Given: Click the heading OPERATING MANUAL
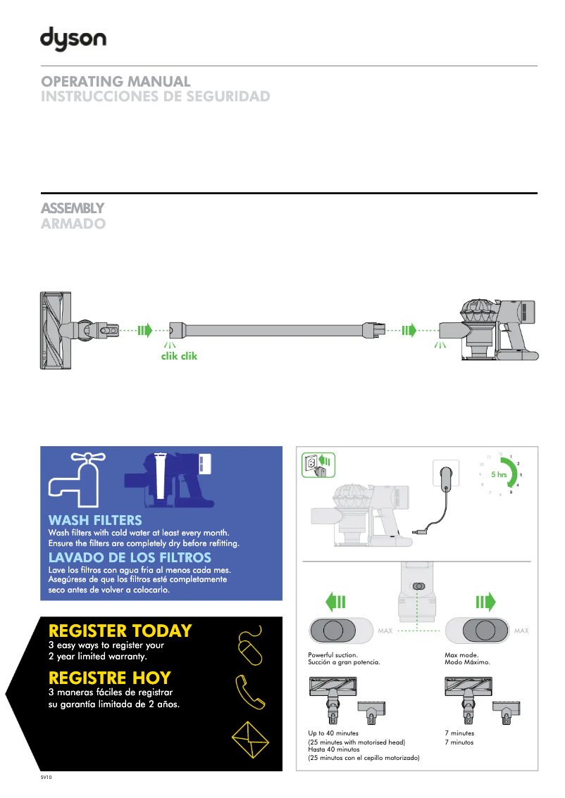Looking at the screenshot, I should point(116,82).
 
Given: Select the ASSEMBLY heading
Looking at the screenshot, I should point(73,208).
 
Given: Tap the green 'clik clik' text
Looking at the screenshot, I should point(180,356).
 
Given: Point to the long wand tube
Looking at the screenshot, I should point(275,329).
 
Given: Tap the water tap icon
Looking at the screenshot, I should point(78,475).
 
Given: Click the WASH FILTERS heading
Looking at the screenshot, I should point(95,521).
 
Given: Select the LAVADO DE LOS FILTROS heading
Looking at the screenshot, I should point(130,557).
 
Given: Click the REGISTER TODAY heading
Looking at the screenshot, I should point(120,630).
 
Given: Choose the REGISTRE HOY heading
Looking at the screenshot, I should point(110,678).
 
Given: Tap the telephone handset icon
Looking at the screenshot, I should point(249,692).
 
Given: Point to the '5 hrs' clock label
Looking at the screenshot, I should point(499,475).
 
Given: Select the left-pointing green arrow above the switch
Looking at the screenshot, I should point(336,602).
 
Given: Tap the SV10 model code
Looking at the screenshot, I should point(46,778).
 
